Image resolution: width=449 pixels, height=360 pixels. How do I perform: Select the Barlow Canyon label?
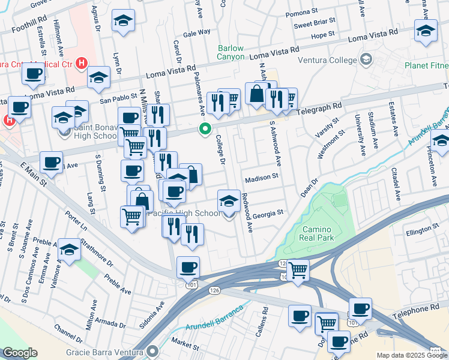click(231, 52)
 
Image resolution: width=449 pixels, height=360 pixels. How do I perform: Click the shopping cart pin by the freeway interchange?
click(298, 269)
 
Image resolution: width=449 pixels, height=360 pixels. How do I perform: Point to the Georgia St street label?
click(268, 212)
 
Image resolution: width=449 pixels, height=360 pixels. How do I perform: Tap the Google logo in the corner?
click(20, 353)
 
